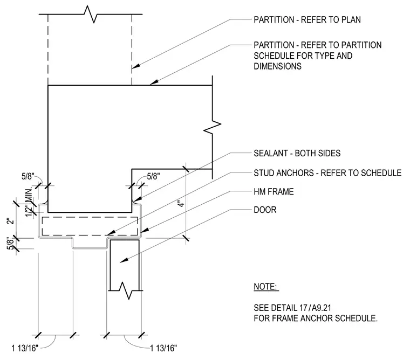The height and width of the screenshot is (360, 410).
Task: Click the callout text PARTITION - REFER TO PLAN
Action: click(x=307, y=20)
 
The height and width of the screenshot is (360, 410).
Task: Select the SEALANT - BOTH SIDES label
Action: click(x=297, y=154)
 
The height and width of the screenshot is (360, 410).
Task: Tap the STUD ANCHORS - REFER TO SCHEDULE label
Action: click(x=327, y=173)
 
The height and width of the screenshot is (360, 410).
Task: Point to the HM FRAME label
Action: click(x=274, y=192)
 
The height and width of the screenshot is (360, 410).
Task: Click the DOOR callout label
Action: click(x=265, y=210)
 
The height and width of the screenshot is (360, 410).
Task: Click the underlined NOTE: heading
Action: click(x=265, y=287)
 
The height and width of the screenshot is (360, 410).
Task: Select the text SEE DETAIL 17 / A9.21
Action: click(x=292, y=308)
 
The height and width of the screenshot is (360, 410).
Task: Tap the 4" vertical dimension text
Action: click(x=181, y=204)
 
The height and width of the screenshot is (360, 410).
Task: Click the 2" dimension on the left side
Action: click(x=10, y=221)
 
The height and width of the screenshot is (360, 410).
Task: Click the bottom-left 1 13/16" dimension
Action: click(x=25, y=348)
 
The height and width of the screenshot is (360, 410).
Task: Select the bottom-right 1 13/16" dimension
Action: click(x=163, y=348)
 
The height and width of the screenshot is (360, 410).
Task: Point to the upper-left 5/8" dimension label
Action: click(x=28, y=177)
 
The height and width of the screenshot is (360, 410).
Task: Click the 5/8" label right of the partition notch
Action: click(x=154, y=177)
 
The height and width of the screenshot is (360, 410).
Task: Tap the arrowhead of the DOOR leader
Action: click(x=124, y=260)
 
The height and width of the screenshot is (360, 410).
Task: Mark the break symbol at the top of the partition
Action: click(x=91, y=15)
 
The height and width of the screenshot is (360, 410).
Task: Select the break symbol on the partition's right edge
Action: click(x=213, y=127)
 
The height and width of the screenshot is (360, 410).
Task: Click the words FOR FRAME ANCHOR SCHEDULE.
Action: click(x=316, y=319)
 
